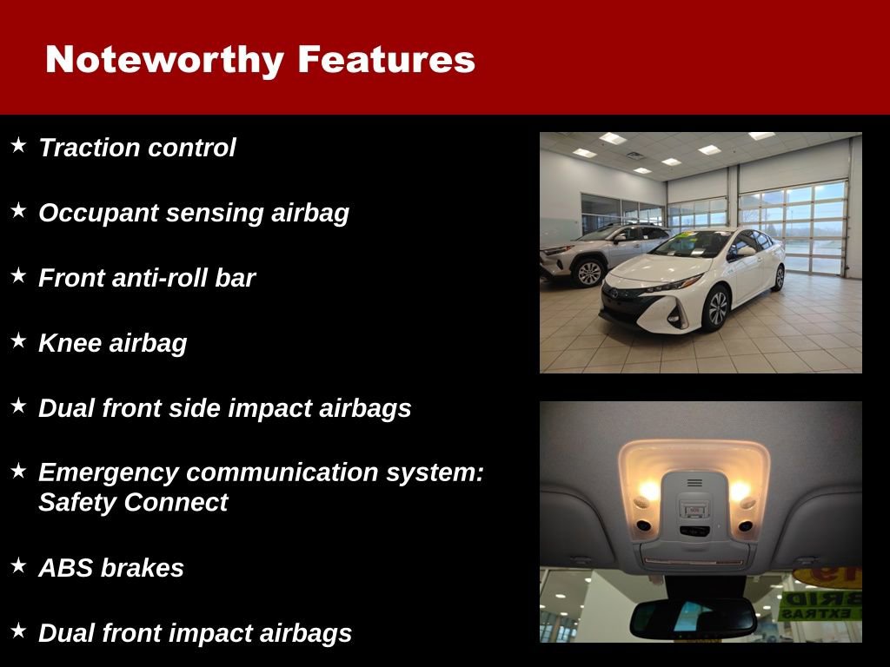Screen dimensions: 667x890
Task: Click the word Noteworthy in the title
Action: pyautogui.click(x=164, y=60)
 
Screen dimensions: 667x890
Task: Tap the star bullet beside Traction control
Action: pyautogui.click(x=19, y=145)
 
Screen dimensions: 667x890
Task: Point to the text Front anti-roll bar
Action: pyautogui.click(x=147, y=278)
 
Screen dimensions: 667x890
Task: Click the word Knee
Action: pyautogui.click(x=70, y=343)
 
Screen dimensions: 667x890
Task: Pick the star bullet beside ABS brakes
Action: pyautogui.click(x=19, y=565)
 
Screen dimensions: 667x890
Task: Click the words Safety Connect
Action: pyautogui.click(x=133, y=502)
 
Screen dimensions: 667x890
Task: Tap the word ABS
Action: pyautogui.click(x=66, y=568)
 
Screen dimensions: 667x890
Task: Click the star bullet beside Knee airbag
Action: pyautogui.click(x=19, y=340)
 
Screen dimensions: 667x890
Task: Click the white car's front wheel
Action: pyautogui.click(x=717, y=308)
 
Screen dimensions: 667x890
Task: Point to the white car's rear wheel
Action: pyautogui.click(x=779, y=277)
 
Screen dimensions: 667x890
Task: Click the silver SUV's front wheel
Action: pyautogui.click(x=590, y=273)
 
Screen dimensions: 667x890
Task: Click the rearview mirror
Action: pyautogui.click(x=693, y=617)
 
